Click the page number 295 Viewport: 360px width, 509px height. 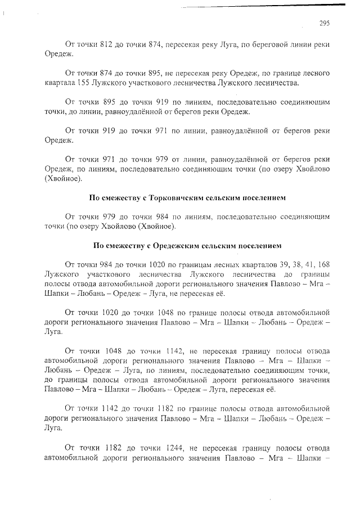pyautogui.click(x=324, y=23)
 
